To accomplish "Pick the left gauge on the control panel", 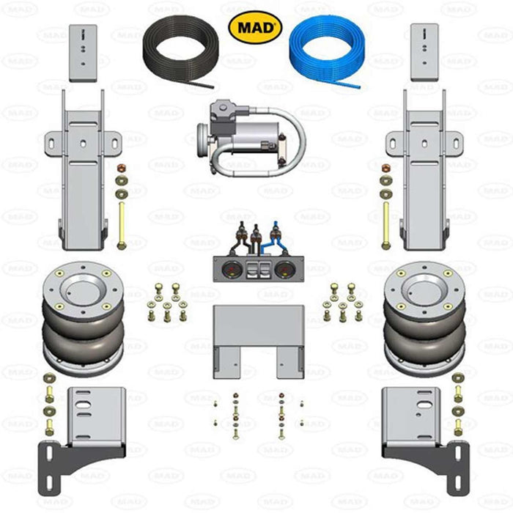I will pyautogui.click(x=226, y=267).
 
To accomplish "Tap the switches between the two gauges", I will pyautogui.click(x=256, y=267).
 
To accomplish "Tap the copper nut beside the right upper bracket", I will pyautogui.click(x=385, y=167).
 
